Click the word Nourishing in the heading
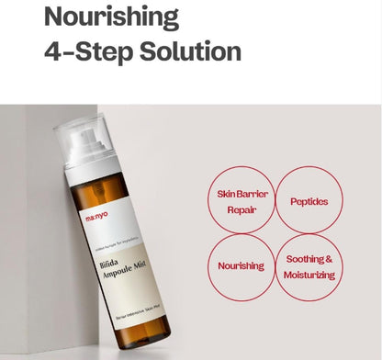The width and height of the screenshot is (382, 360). [x=112, y=17]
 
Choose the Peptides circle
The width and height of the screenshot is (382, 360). [x=308, y=199]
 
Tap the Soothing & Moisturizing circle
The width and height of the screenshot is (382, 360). [x=308, y=266]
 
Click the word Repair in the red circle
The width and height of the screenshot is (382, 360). [x=238, y=208]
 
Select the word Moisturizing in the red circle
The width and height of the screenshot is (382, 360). [x=308, y=274]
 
